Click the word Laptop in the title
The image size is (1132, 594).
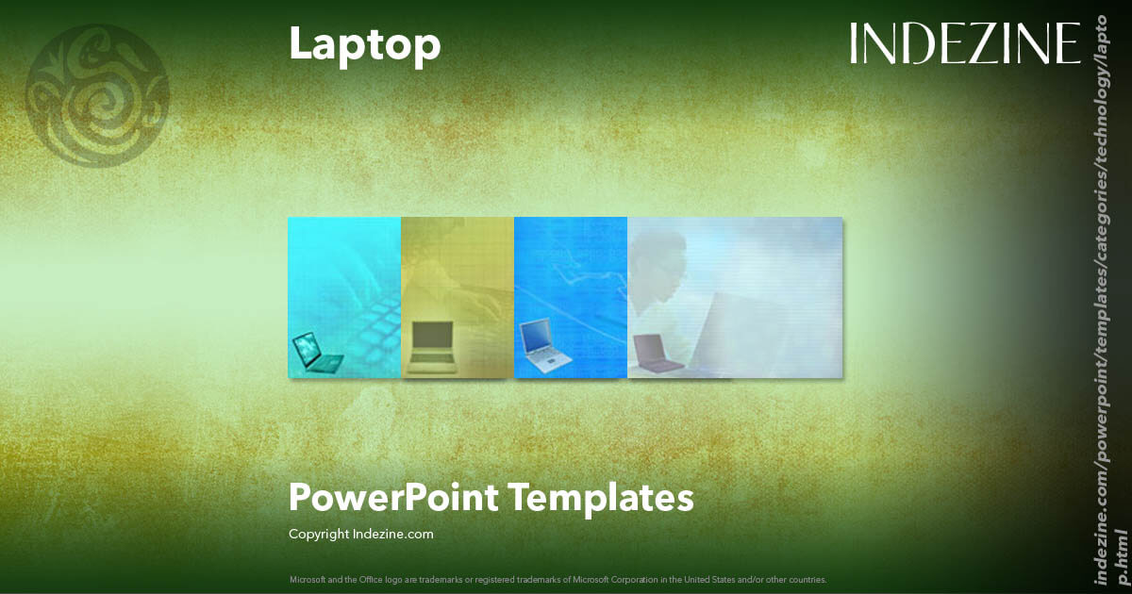pos(364,44)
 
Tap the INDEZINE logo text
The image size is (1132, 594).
pos(965,43)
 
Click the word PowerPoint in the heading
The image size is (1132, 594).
pos(393,497)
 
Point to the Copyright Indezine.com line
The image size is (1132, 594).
pos(360,535)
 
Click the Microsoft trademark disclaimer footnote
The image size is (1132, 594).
pos(558,579)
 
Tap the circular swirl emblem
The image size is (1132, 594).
pos(97,94)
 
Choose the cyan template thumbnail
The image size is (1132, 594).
pos(344,297)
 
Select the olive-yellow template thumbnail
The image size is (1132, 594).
pos(458,297)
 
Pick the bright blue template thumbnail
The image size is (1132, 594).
pos(571,297)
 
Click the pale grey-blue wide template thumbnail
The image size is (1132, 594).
pos(735,297)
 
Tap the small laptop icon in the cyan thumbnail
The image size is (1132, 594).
pos(317,354)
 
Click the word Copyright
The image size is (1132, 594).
pos(319,535)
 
